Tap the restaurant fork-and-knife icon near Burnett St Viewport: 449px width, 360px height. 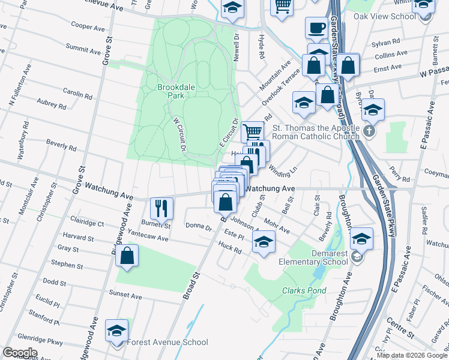tap(161, 209)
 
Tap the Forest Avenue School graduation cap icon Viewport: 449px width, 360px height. tap(116, 331)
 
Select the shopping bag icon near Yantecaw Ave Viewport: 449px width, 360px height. tap(127, 256)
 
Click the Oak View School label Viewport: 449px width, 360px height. tap(385, 16)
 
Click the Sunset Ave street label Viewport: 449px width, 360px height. tap(125, 296)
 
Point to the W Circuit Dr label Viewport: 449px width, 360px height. tap(179, 131)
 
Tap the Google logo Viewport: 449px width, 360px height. tap(20, 353)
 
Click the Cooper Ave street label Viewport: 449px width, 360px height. tap(88, 27)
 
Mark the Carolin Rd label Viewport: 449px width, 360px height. tap(77, 93)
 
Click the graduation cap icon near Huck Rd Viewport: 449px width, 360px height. tap(262, 242)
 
